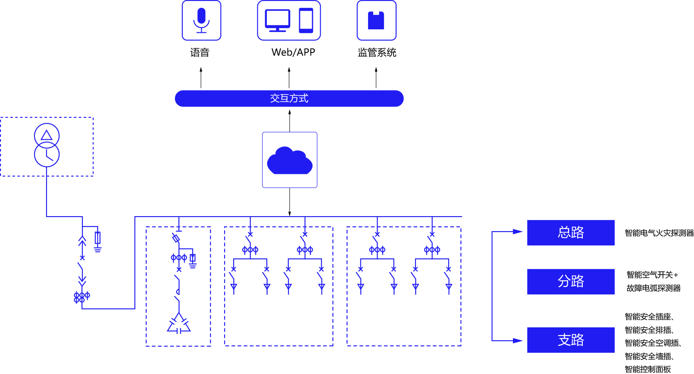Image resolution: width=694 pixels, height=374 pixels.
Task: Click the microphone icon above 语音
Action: pyautogui.click(x=201, y=20)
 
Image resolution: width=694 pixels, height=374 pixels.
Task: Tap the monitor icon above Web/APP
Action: pyautogui.click(x=277, y=20)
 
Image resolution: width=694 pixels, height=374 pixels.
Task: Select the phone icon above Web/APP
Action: pyautogui.click(x=306, y=20)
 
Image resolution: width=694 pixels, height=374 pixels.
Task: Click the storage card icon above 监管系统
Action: pyautogui.click(x=376, y=20)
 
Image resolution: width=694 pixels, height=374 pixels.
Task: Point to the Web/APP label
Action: pyautogui.click(x=293, y=52)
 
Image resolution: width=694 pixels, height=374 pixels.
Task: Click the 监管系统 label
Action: pyautogui.click(x=377, y=53)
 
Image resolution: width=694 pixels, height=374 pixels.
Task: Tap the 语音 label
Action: pyautogui.click(x=200, y=53)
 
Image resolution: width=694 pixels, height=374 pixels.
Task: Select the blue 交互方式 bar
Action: pyautogui.click(x=289, y=98)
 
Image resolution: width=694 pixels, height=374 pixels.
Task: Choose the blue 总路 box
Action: pyautogui.click(x=570, y=233)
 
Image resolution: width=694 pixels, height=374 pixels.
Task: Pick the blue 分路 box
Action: pyautogui.click(x=570, y=282)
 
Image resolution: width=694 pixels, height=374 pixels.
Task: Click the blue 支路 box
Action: pyautogui.click(x=570, y=340)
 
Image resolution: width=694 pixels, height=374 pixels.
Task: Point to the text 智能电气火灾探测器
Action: pyautogui.click(x=659, y=233)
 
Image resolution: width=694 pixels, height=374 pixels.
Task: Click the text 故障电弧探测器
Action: pyautogui.click(x=653, y=288)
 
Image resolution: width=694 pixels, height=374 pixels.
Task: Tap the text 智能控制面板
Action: pyautogui.click(x=647, y=369)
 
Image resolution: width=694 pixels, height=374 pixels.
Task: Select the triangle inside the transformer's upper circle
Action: pyautogui.click(x=47, y=135)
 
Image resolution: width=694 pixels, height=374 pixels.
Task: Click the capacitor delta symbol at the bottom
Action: pyautogui.click(x=179, y=324)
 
